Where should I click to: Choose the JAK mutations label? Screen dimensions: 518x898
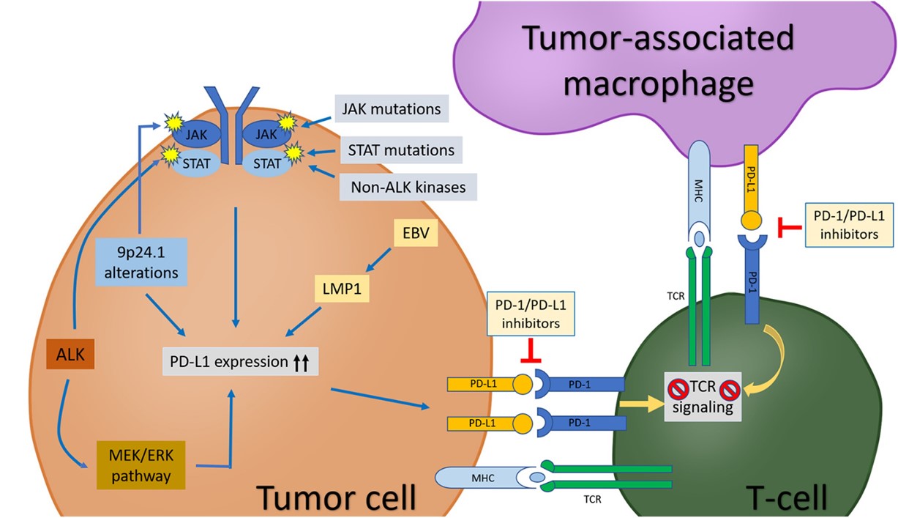tap(391, 110)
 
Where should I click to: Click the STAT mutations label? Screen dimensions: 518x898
tap(397, 150)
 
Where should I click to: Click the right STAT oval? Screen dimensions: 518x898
tap(266, 163)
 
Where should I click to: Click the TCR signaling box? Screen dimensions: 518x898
tap(703, 397)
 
